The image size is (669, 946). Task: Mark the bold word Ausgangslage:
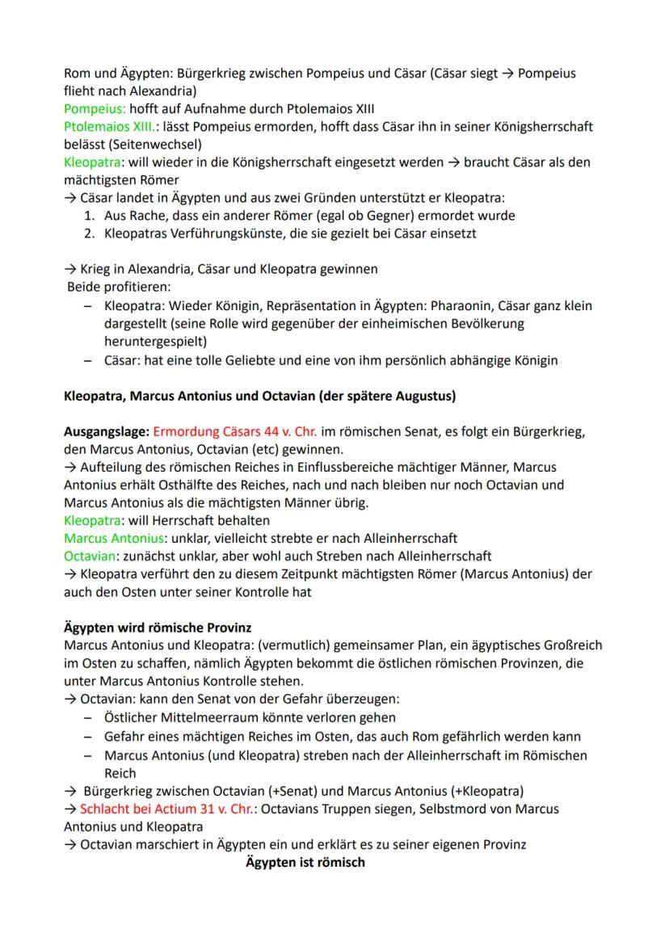click(106, 431)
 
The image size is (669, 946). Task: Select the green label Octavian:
click(90, 556)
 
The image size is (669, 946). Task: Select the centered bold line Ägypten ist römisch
click(305, 862)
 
